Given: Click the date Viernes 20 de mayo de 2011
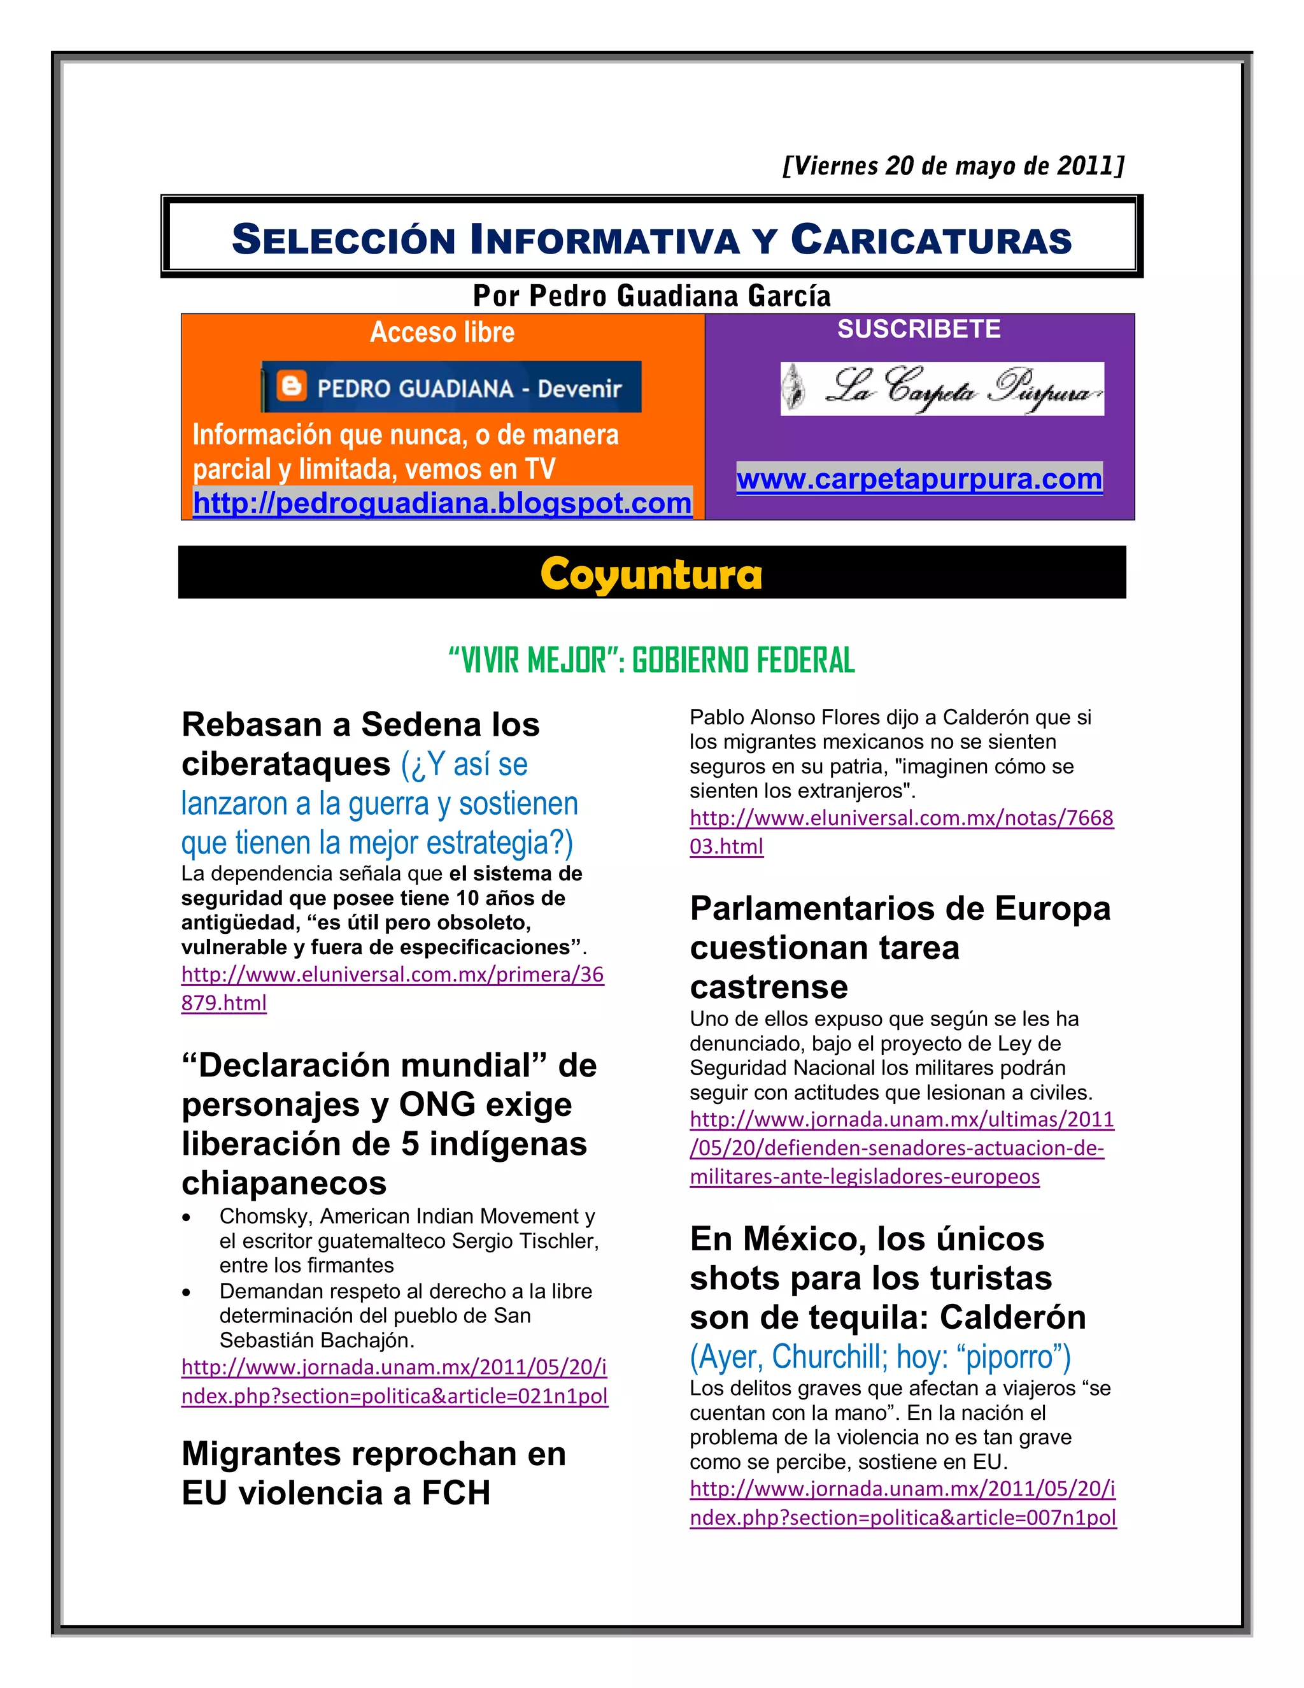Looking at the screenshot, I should [x=953, y=166].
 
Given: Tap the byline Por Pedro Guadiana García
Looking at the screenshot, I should [x=651, y=296].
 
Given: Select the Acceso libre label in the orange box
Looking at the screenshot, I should [x=442, y=333].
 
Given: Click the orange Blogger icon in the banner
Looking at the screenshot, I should [x=291, y=387].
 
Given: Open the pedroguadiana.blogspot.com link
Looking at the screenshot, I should [x=442, y=503].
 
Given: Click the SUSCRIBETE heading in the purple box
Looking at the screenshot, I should [x=919, y=329].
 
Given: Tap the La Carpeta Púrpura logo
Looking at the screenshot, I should [x=942, y=388].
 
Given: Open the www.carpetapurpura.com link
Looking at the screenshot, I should [x=919, y=479].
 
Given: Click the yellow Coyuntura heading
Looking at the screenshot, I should [x=651, y=575].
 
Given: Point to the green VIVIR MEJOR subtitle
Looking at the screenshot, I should [x=651, y=661].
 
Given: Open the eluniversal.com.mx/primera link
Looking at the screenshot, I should [x=392, y=989].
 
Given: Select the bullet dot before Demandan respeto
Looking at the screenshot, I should [x=186, y=1292].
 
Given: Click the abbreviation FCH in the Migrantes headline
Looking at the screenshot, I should [x=456, y=1493].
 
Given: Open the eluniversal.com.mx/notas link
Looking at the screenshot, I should [x=901, y=832].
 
